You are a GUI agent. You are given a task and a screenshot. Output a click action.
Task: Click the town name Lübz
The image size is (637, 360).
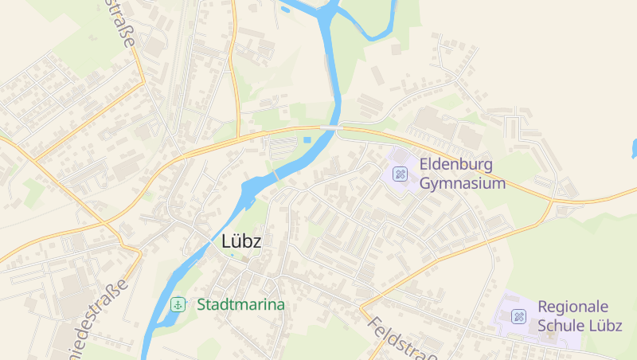(241, 241)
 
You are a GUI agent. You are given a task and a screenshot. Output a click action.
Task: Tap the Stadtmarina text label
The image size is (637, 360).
(240, 304)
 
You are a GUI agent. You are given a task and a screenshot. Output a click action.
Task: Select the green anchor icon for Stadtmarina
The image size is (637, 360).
(178, 304)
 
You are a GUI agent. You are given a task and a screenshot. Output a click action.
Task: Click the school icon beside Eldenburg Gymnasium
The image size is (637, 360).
(401, 174)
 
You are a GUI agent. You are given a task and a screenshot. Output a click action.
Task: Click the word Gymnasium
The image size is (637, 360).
(462, 184)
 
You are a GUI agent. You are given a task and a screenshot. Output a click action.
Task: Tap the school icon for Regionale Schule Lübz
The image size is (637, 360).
(519, 316)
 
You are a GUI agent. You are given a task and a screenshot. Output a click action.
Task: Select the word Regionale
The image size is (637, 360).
(573, 307)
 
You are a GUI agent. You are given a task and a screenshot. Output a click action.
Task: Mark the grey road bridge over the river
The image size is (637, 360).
(330, 127)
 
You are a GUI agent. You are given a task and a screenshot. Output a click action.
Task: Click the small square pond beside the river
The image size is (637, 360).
(307, 141)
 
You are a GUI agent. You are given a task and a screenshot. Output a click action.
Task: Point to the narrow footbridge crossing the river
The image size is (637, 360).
(276, 174)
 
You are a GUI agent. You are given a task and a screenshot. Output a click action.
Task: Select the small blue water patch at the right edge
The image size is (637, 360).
(634, 148)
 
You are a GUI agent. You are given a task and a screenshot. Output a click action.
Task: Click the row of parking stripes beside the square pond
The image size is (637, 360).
(283, 147)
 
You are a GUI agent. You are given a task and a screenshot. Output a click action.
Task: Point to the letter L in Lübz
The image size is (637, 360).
(226, 241)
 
